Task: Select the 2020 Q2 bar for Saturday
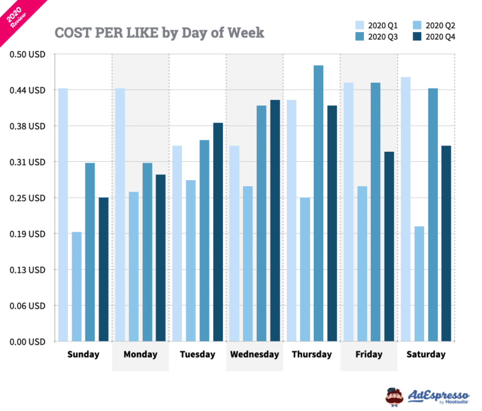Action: point(419,284)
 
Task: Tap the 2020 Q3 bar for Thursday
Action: point(318,203)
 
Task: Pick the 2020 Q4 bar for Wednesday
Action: point(275,220)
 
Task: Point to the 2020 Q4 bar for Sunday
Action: point(104,269)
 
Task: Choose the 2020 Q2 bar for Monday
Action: point(133,266)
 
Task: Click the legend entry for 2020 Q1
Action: point(377,25)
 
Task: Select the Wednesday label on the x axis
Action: point(254,355)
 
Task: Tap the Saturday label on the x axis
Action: point(426,355)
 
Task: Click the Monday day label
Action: point(140,355)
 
